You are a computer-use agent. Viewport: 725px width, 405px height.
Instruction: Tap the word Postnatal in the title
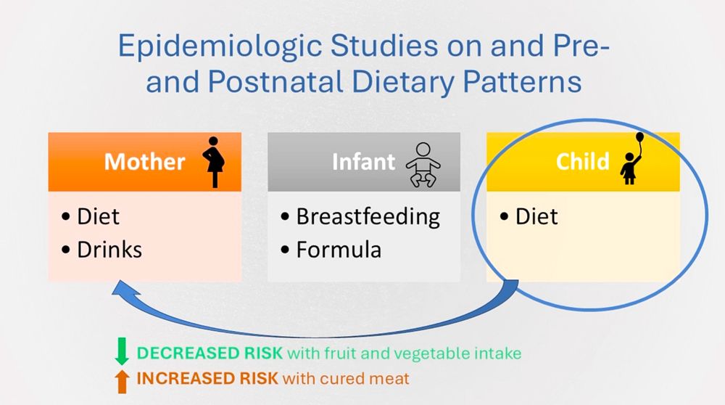(x=275, y=83)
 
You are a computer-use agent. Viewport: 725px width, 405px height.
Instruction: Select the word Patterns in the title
(x=522, y=83)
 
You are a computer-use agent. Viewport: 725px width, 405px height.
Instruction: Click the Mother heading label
(x=145, y=162)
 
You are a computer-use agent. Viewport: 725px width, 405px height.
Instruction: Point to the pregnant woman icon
(x=214, y=162)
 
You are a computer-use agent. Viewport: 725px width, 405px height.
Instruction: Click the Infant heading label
(x=363, y=162)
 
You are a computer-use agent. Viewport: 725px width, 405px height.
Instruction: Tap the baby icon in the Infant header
(x=423, y=165)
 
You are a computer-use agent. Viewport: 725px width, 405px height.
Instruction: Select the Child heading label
(x=583, y=162)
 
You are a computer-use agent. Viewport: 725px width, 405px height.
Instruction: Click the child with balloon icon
(x=632, y=158)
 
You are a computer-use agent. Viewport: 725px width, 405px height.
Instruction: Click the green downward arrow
(x=122, y=351)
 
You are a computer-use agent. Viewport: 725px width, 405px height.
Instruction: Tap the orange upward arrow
(x=122, y=381)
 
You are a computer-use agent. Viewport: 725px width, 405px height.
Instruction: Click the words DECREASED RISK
(x=210, y=353)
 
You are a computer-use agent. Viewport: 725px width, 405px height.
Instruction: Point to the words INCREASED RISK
(x=207, y=378)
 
